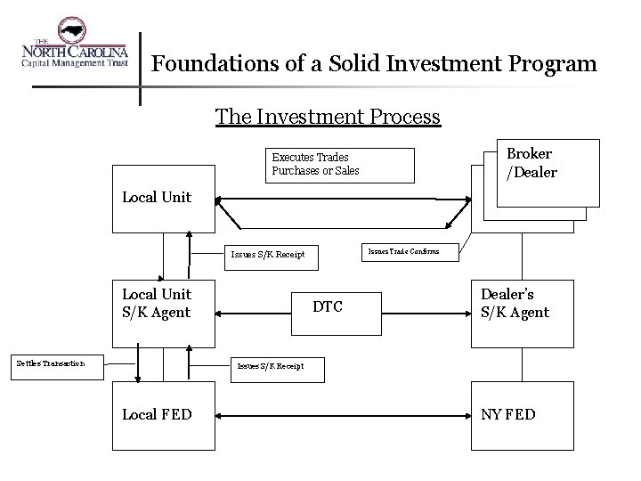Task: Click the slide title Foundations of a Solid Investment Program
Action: point(374,65)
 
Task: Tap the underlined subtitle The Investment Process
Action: point(328,117)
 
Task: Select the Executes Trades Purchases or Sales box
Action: point(343,163)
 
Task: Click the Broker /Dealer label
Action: point(531,163)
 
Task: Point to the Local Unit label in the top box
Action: point(156,197)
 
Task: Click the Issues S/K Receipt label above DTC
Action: point(268,254)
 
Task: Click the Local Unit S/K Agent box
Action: point(163,312)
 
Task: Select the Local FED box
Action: point(163,413)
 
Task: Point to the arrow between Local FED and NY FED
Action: point(343,414)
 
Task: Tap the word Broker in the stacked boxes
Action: point(530,154)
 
